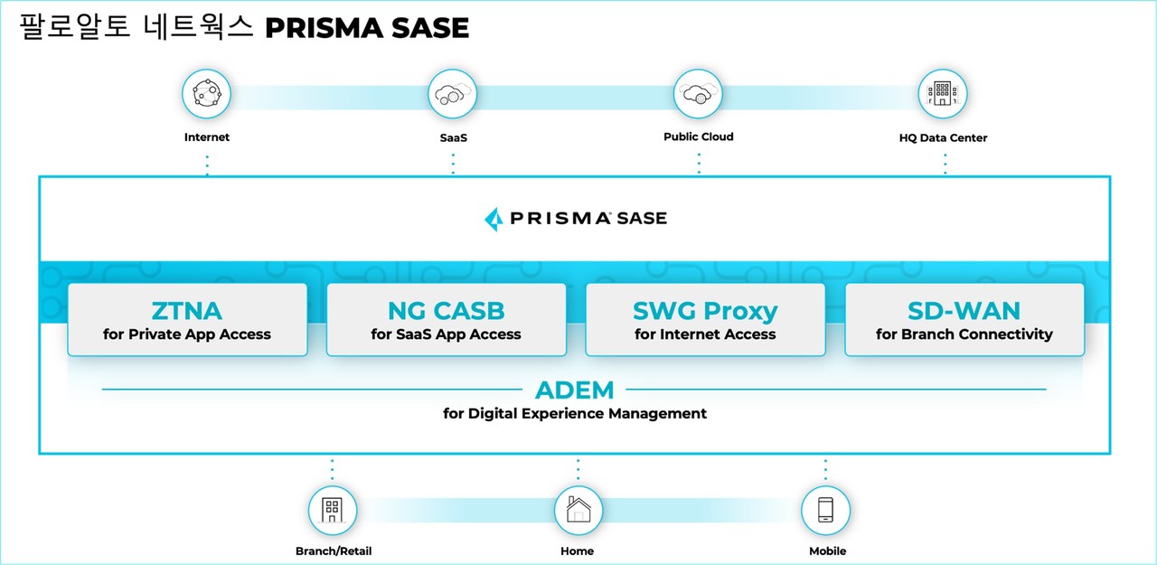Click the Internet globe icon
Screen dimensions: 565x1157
(207, 93)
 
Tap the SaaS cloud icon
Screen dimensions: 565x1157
(452, 93)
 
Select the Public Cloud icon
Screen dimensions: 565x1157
(698, 93)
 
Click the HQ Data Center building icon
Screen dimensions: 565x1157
(943, 93)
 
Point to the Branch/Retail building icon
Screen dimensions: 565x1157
(333, 510)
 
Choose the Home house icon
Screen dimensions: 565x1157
(578, 510)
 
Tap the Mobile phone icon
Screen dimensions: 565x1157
(825, 510)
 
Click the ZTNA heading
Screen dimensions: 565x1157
(187, 311)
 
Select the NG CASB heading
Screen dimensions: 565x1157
(446, 311)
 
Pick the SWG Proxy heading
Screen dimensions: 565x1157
(705, 311)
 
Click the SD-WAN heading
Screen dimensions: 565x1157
(964, 311)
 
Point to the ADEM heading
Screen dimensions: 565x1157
(574, 391)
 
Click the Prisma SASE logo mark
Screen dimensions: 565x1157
(494, 219)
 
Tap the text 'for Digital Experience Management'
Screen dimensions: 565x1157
(574, 414)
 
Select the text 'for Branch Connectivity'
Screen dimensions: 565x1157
(964, 334)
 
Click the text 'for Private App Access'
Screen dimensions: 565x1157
(187, 334)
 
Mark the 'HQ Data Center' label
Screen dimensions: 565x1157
(943, 138)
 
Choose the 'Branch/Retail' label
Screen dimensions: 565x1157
(333, 551)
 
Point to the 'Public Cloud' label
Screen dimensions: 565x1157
(698, 137)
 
